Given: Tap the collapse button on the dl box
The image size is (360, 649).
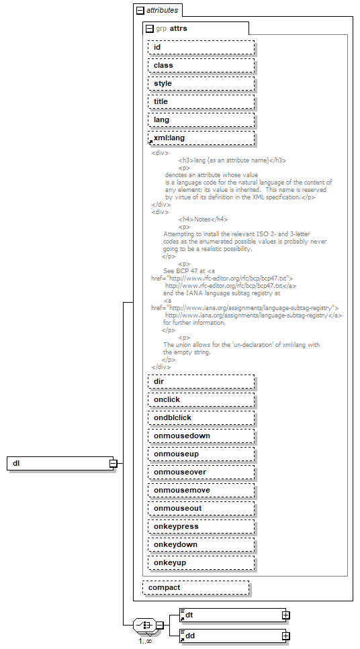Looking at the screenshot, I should click(x=114, y=464).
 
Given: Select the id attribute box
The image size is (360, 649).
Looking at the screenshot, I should click(x=201, y=48).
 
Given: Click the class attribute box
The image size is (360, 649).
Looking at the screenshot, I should click(x=201, y=66).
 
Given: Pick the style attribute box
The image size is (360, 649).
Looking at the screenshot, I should click(x=201, y=84).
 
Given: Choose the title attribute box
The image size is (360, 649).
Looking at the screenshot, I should click(x=201, y=102).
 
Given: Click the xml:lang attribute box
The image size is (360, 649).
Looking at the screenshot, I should click(x=201, y=138).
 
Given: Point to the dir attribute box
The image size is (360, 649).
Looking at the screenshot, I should click(x=201, y=382).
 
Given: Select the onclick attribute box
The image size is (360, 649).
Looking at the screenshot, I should click(x=201, y=400).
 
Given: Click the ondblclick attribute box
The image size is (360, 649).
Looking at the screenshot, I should click(x=201, y=418).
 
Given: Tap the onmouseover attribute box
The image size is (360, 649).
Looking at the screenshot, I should click(x=201, y=472).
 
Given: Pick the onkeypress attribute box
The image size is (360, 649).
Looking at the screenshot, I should click(x=201, y=527).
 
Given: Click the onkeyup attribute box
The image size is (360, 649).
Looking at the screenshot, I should click(x=201, y=563).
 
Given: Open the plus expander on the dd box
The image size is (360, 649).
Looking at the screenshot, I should click(x=285, y=636).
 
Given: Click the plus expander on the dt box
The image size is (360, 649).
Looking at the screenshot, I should click(x=285, y=615).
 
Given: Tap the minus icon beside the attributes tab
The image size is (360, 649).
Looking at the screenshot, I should click(x=140, y=11).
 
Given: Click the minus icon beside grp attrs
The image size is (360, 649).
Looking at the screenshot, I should click(x=150, y=29).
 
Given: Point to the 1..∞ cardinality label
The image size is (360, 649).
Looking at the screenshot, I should click(x=145, y=641).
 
